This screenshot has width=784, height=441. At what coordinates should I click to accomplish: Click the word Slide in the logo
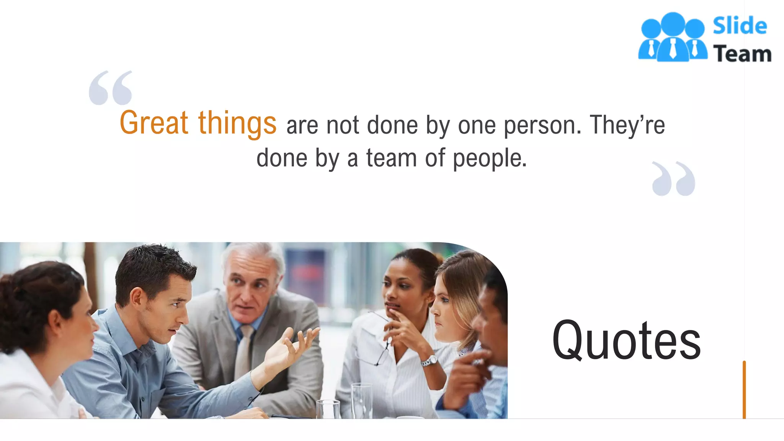[x=740, y=26]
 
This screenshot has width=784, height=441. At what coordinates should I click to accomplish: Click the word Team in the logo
[x=742, y=54]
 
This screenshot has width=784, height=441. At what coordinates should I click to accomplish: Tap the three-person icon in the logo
[x=673, y=38]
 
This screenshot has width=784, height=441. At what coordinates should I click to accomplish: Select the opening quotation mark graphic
[x=111, y=88]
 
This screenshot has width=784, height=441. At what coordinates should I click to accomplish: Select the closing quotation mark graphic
[x=673, y=179]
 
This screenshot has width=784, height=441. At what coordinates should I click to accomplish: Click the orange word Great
[x=154, y=123]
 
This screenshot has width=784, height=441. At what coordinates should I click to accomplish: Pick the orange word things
[x=237, y=124]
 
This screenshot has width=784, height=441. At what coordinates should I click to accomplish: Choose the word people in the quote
[x=489, y=158]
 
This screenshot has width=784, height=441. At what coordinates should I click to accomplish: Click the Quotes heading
[x=626, y=340]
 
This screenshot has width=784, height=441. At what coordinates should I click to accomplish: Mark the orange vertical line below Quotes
[x=744, y=389]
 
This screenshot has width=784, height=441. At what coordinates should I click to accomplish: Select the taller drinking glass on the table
[x=361, y=400]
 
